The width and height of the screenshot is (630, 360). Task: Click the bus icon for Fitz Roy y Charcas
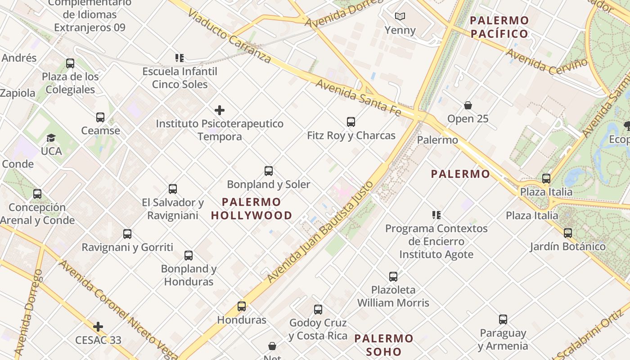[351, 121]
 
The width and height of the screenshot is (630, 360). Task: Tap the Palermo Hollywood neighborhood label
[252, 209]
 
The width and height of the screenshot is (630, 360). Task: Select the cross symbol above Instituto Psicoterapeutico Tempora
[220, 110]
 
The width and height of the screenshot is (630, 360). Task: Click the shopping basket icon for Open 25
[468, 105]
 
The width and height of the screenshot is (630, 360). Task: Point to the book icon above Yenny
[400, 17]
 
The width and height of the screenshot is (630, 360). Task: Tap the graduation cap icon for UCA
[51, 138]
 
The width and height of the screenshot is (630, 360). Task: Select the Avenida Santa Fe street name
[358, 97]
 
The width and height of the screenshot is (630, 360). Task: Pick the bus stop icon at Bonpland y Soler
[269, 171]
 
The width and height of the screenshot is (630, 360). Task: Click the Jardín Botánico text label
[567, 247]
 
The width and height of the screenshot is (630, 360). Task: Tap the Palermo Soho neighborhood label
[384, 345]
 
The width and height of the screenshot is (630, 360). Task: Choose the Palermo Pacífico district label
[499, 27]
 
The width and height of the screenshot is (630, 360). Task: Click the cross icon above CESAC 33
[98, 327]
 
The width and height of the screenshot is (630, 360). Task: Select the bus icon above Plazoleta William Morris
[393, 277]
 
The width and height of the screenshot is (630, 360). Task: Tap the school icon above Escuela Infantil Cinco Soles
[180, 58]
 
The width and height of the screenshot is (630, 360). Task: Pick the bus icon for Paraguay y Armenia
[503, 319]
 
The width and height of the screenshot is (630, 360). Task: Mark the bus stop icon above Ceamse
[100, 117]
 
